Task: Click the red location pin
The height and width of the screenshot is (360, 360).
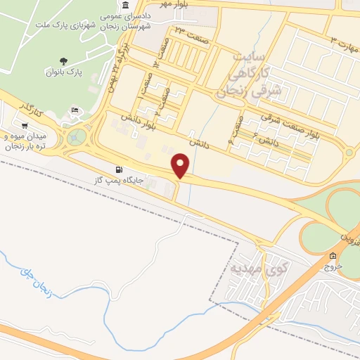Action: pyautogui.click(x=181, y=164)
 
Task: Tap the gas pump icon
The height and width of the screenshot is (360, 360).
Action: pyautogui.click(x=117, y=170)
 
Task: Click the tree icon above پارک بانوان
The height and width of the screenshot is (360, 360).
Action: pyautogui.click(x=65, y=61)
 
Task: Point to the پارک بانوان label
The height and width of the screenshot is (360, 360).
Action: pyautogui.click(x=65, y=72)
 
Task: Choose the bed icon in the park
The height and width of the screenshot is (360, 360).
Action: pyautogui.click(x=76, y=110)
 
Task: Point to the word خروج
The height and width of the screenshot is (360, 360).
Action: pyautogui.click(x=333, y=266)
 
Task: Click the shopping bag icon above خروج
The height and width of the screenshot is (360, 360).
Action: pyautogui.click(x=333, y=256)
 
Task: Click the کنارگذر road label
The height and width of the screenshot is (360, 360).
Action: pyautogui.click(x=32, y=108)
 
